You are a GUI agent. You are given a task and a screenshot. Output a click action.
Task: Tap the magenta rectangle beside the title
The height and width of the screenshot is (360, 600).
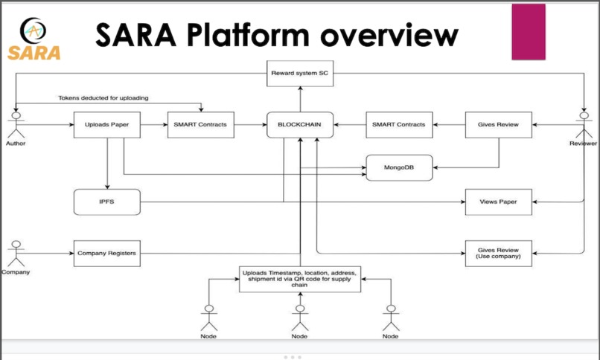[x=529, y=32]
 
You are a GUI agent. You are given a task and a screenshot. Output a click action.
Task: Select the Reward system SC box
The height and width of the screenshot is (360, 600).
[x=299, y=73]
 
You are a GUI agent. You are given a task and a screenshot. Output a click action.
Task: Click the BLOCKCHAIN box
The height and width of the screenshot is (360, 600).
[x=299, y=125]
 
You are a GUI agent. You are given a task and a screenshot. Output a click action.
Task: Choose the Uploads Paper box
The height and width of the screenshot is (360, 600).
[x=107, y=125]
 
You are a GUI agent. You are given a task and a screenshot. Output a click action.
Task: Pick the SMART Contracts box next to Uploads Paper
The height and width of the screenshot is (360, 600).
[x=200, y=125]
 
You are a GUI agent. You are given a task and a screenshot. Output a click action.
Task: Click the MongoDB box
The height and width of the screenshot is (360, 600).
[x=399, y=168]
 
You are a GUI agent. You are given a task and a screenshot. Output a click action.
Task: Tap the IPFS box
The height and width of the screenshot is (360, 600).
[x=107, y=202]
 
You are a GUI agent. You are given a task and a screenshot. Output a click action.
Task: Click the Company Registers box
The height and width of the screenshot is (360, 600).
[x=107, y=254]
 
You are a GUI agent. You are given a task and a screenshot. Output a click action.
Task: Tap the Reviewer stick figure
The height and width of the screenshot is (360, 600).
[x=584, y=123]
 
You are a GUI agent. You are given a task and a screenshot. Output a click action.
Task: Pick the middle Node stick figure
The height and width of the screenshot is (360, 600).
[x=299, y=317]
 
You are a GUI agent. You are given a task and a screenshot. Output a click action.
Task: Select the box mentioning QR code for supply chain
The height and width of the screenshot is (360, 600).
[x=299, y=278]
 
